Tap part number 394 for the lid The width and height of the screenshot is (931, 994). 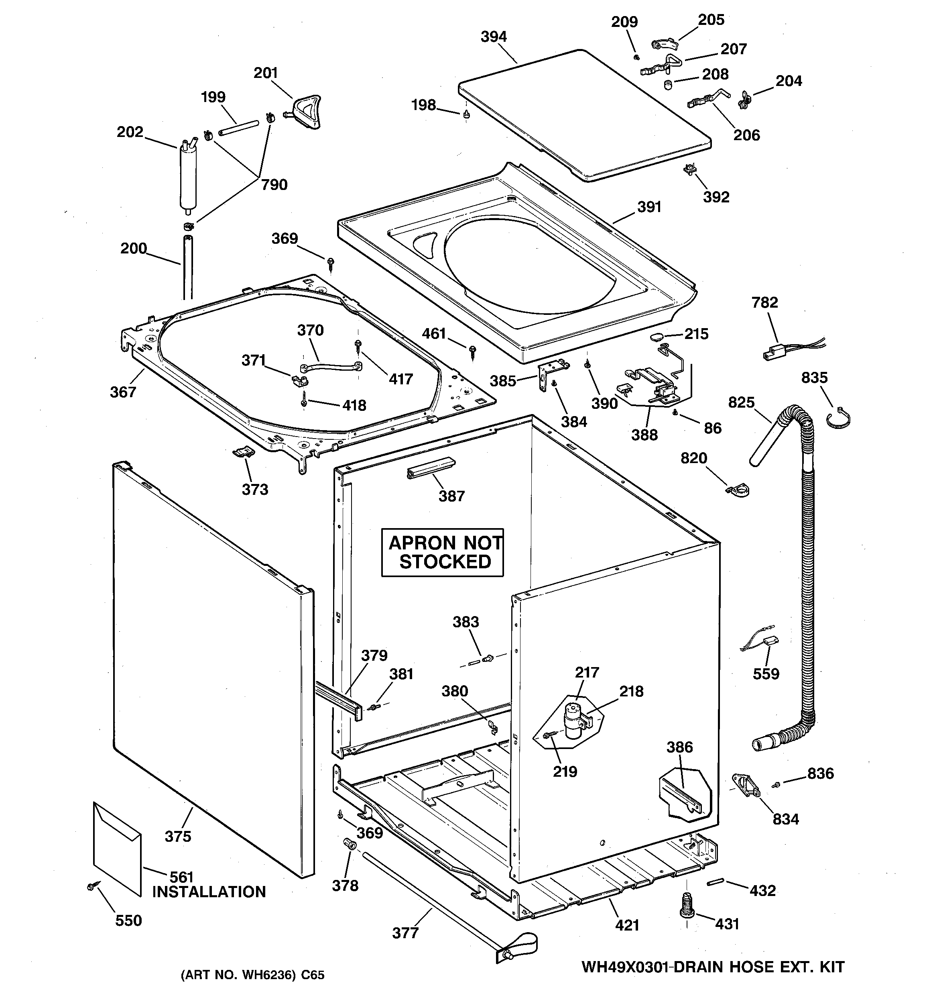(x=493, y=37)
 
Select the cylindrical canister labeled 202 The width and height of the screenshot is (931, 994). (x=188, y=175)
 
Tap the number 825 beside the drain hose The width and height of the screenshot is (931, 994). (x=741, y=402)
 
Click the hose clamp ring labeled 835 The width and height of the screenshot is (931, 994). (x=839, y=418)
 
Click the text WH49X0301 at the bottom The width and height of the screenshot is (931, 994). (x=625, y=967)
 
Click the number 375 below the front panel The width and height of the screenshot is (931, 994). (x=178, y=836)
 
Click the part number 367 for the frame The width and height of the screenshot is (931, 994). (x=123, y=392)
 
